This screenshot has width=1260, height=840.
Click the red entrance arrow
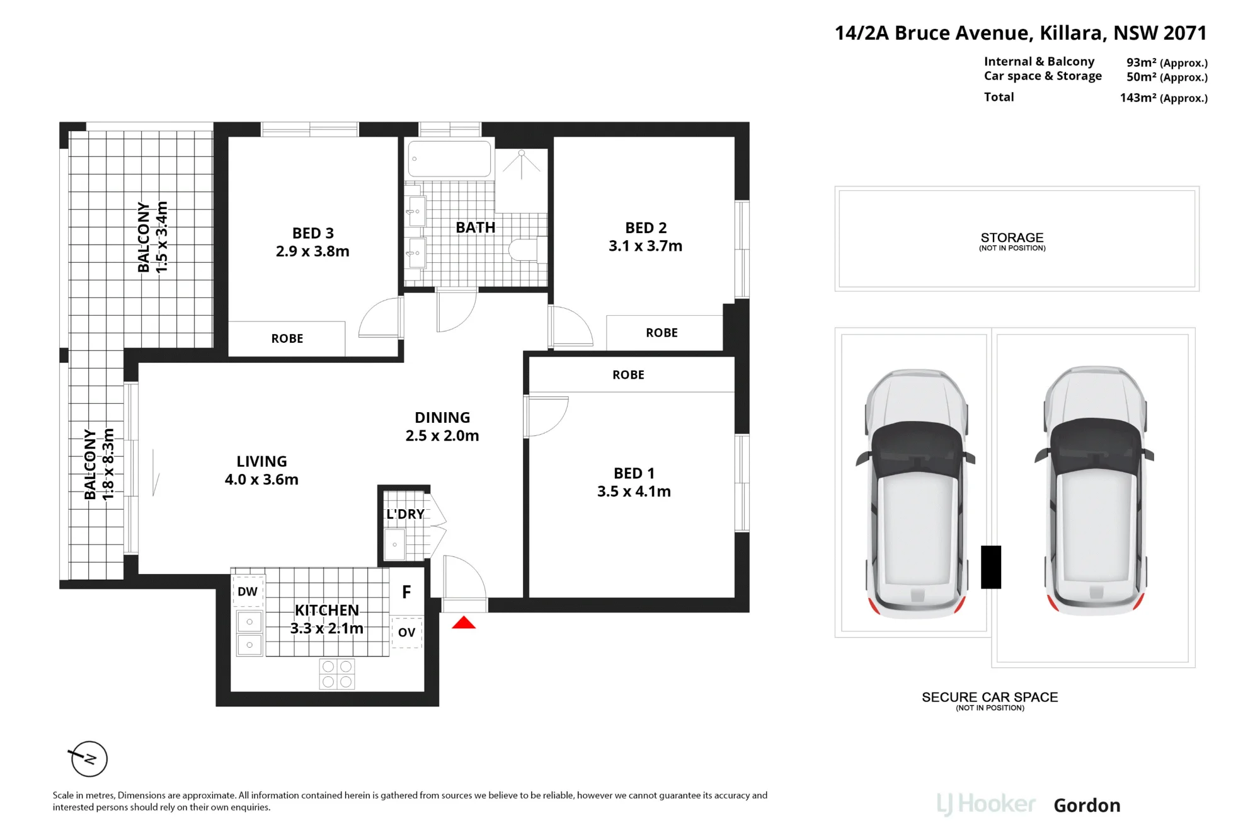(464, 623)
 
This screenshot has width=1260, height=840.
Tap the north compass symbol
(89, 759)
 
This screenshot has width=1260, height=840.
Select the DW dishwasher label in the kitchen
(248, 592)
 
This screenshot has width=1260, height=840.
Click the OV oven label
(407, 632)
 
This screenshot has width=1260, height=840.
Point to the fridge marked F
(406, 592)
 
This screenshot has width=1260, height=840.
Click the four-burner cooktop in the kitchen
(337, 674)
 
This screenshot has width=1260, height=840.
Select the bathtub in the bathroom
(449, 159)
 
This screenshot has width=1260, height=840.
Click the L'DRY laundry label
(405, 514)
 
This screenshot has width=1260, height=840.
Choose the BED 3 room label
(313, 233)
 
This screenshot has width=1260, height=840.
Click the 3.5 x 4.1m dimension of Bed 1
(634, 492)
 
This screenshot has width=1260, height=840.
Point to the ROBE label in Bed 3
(287, 338)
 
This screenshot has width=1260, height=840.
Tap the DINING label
(442, 417)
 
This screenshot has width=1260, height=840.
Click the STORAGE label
(1012, 238)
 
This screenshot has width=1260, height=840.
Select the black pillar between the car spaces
(991, 567)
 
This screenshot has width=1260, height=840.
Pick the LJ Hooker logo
(986, 805)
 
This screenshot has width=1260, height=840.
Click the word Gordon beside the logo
(1087, 805)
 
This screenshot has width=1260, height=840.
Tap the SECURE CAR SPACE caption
(990, 697)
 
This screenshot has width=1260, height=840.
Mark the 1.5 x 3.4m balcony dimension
(162, 237)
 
